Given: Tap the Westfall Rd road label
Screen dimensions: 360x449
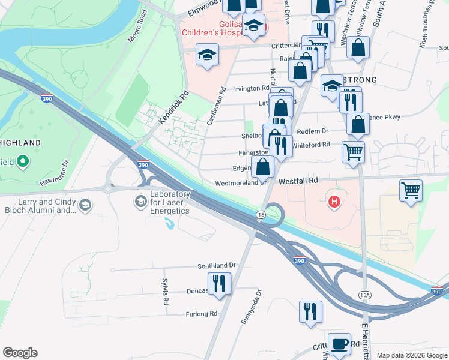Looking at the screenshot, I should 301,179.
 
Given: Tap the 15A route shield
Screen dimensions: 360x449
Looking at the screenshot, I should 364,295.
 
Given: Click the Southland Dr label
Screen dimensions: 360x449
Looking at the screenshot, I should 217,265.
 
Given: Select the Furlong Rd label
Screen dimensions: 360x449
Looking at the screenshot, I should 201,314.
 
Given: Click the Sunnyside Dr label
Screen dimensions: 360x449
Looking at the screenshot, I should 252,307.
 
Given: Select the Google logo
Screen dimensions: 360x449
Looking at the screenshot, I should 20,353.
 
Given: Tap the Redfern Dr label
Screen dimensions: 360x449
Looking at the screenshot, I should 313,131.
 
